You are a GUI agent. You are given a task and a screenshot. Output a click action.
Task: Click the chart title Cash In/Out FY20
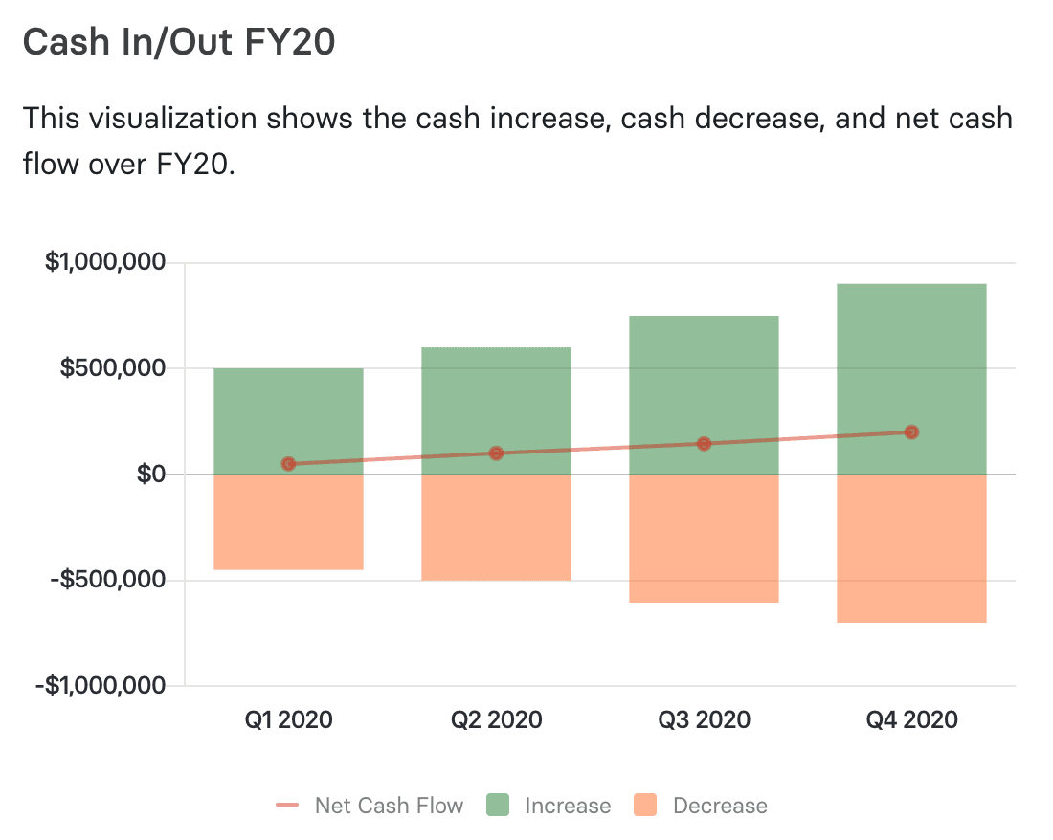[x=179, y=43]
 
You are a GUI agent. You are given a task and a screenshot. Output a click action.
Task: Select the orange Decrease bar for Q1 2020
[x=288, y=521]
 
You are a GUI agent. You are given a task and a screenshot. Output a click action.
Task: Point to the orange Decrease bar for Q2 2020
[x=496, y=527]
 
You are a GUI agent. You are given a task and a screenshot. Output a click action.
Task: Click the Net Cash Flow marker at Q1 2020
[x=288, y=464]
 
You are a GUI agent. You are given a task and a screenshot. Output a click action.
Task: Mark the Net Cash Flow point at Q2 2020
[x=496, y=453]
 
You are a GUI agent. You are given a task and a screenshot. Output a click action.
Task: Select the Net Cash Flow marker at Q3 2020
[x=704, y=444]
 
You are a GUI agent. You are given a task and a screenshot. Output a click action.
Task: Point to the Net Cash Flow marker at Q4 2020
[x=911, y=432]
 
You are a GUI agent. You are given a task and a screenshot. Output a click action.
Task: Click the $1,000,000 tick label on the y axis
[x=104, y=262]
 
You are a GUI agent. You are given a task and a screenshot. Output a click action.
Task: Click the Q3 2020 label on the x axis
[x=704, y=719]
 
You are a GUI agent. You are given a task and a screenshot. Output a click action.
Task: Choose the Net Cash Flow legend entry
[x=370, y=806]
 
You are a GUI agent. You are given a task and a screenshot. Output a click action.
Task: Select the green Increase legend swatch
[x=501, y=806]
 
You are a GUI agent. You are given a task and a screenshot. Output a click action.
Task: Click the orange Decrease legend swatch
[x=646, y=806]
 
